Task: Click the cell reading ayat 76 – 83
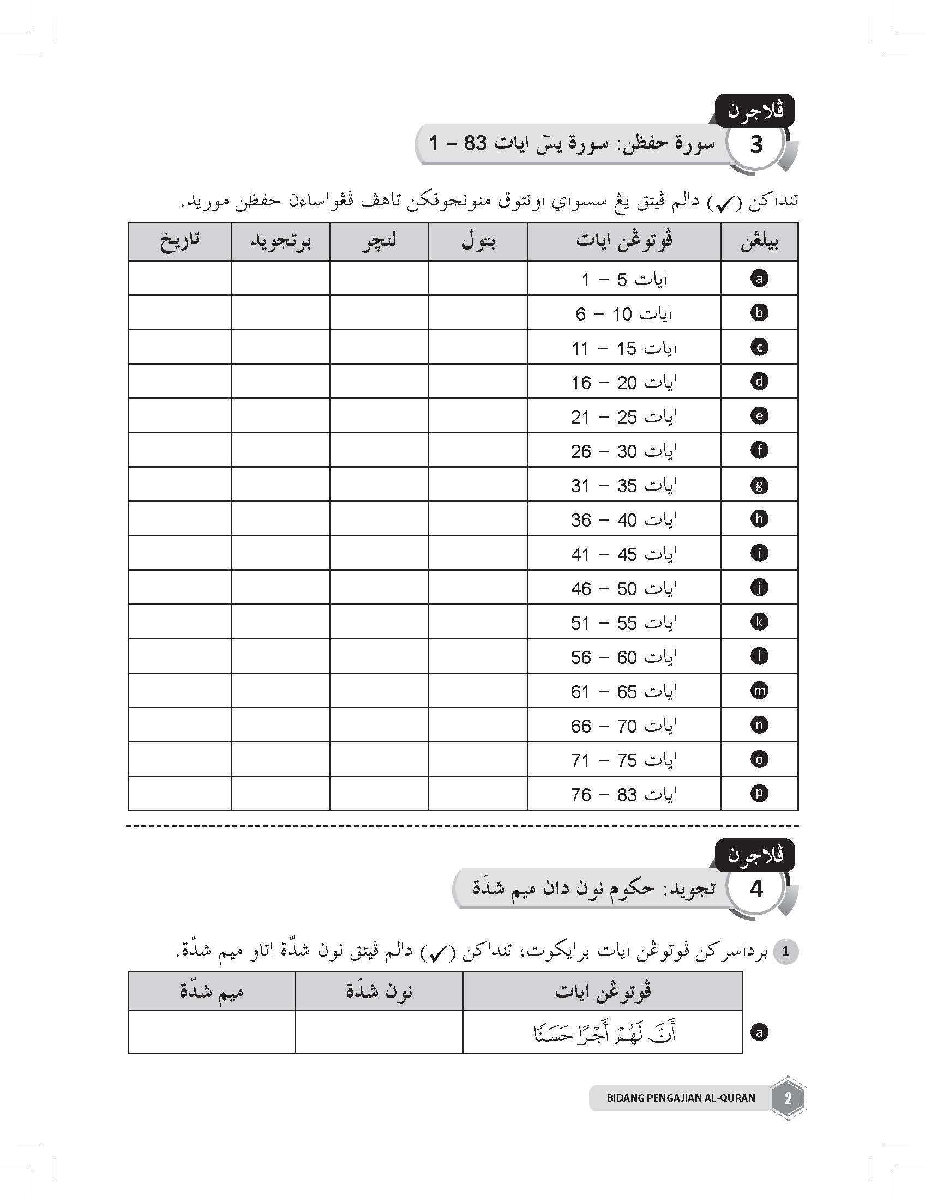point(624,794)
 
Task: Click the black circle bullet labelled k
point(759,622)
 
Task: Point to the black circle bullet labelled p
point(759,793)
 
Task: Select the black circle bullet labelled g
point(759,485)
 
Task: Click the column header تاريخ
point(180,241)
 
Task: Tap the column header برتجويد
point(281,241)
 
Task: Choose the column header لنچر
point(380,241)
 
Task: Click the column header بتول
point(479,241)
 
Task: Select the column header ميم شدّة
point(212,992)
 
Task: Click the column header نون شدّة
point(380,992)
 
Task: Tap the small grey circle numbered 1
point(786,952)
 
